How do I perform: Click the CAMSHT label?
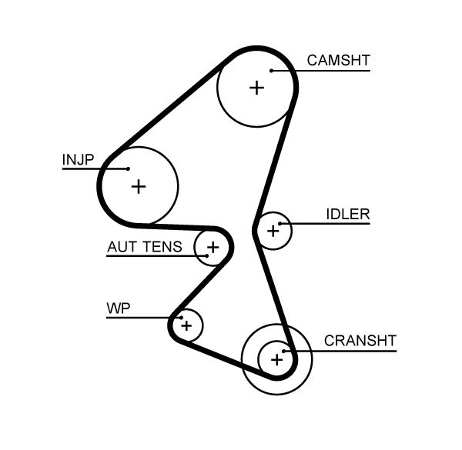[338, 61]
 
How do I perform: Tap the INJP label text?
[77, 159]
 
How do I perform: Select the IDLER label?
[348, 215]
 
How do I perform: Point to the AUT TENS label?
[144, 247]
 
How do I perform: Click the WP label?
[118, 308]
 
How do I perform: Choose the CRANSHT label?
[360, 341]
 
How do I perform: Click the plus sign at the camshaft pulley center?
[256, 88]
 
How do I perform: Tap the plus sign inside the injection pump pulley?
[139, 185]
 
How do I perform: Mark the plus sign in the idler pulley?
[273, 230]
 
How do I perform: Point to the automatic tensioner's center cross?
[213, 248]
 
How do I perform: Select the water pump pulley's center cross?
[186, 326]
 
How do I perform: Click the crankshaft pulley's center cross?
[276, 358]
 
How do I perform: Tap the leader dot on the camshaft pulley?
[271, 71]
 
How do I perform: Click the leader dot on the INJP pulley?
[127, 168]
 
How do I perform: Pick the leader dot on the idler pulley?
[281, 224]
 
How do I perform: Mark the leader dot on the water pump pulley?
[179, 317]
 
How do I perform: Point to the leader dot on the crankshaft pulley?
[284, 351]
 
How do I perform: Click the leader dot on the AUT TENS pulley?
[206, 255]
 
